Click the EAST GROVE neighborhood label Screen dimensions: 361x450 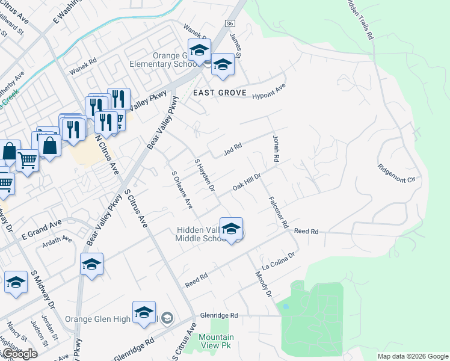(x=220, y=93)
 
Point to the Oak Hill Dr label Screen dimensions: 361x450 (x=247, y=184)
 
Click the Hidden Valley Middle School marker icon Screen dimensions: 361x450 (x=231, y=229)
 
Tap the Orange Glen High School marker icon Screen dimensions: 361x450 (x=144, y=312)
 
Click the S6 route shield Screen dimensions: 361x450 (x=229, y=23)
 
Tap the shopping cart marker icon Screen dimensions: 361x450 (x=27, y=160)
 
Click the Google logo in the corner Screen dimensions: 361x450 (x=19, y=354)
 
